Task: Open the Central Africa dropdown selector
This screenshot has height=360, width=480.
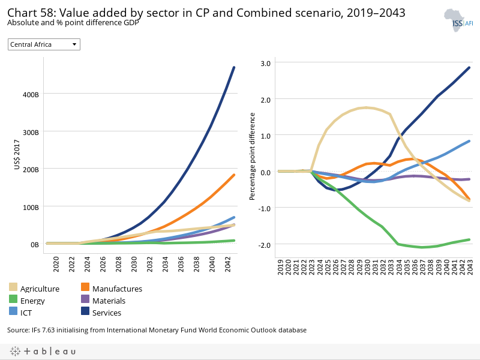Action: tap(44, 44)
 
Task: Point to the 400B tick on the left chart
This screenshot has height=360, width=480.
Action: tap(32, 94)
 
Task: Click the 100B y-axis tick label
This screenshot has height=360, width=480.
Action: tap(32, 207)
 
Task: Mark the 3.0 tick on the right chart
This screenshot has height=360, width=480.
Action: tap(265, 63)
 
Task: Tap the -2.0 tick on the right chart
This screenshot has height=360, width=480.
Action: tap(264, 245)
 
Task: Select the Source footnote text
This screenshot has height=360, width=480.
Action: tap(157, 330)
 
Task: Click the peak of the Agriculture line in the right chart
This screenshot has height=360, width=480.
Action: tap(365, 108)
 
